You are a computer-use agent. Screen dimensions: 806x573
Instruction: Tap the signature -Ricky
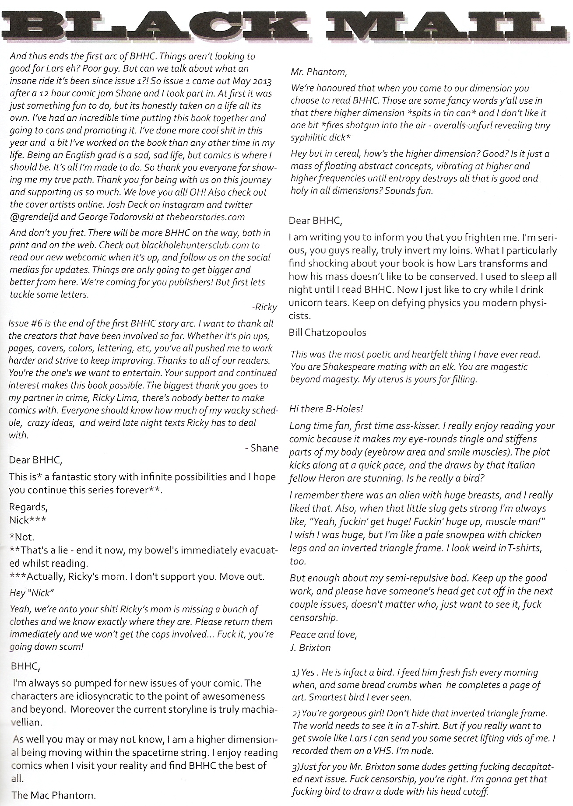pos(264,307)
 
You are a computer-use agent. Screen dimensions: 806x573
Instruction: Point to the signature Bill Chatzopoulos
pos(327,333)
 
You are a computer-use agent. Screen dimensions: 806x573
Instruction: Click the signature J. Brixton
pos(310,647)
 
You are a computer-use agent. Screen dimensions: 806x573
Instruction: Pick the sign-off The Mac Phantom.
pos(54,795)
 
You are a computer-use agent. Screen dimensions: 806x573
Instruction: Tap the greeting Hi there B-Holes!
pos(326,409)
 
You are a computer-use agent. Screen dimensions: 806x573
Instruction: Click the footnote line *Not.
pos(22,536)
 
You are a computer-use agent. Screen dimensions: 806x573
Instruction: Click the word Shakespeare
pos(344,367)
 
